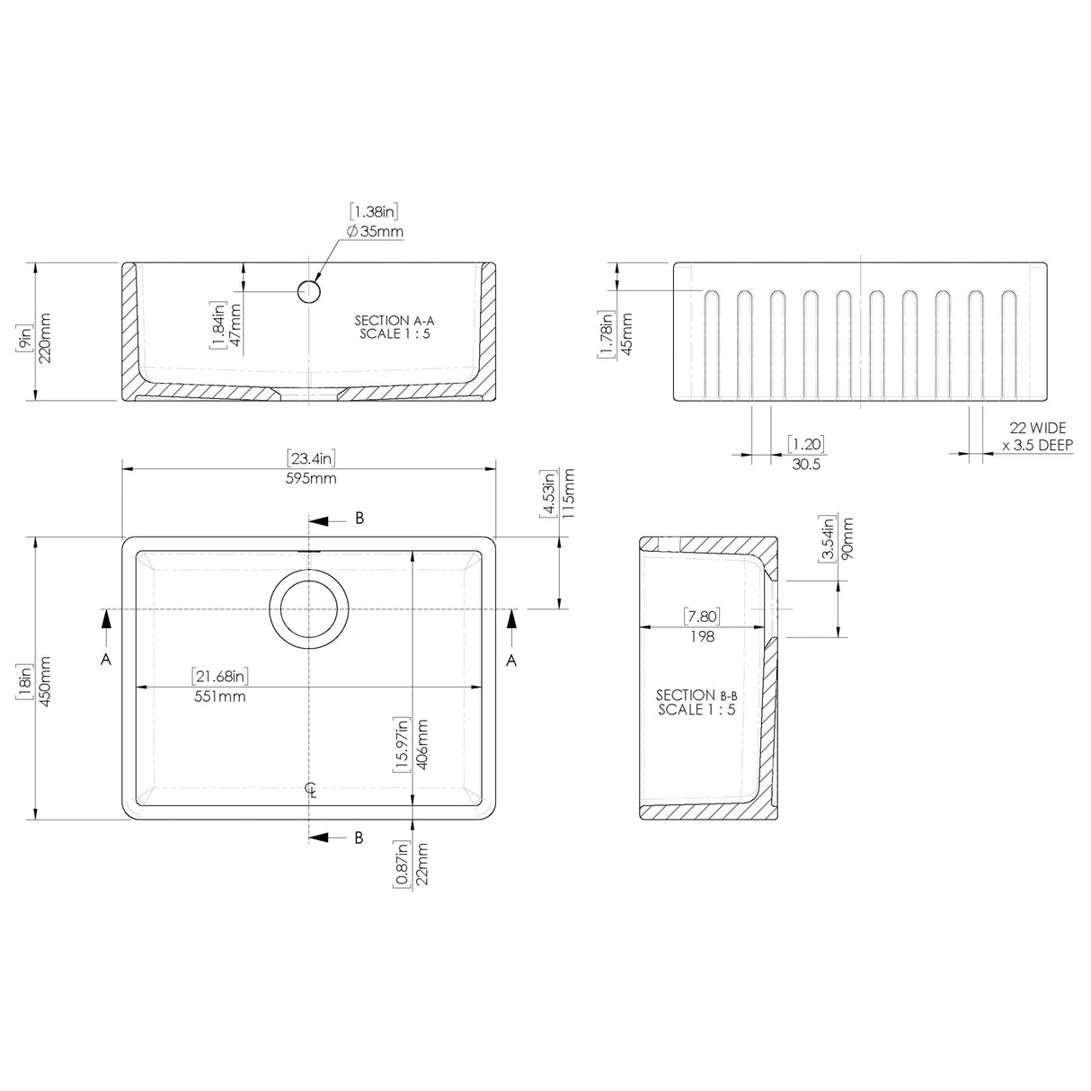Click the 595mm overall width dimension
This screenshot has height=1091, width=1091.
(x=311, y=478)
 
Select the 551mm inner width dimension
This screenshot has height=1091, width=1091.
(x=220, y=696)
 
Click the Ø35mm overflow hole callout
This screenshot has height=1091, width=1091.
(x=375, y=232)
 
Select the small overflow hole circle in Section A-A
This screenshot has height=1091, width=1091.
(x=308, y=290)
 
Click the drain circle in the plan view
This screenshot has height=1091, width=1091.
(x=308, y=608)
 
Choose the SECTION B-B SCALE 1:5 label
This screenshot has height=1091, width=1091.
(x=696, y=702)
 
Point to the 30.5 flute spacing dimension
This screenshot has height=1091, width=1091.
(x=804, y=464)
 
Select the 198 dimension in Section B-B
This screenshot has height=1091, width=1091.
(x=702, y=636)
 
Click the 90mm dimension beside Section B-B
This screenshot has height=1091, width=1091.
(x=846, y=537)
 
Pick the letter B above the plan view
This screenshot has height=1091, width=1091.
(x=359, y=518)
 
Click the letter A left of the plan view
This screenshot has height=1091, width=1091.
(x=106, y=660)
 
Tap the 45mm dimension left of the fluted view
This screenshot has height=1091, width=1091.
(x=626, y=333)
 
